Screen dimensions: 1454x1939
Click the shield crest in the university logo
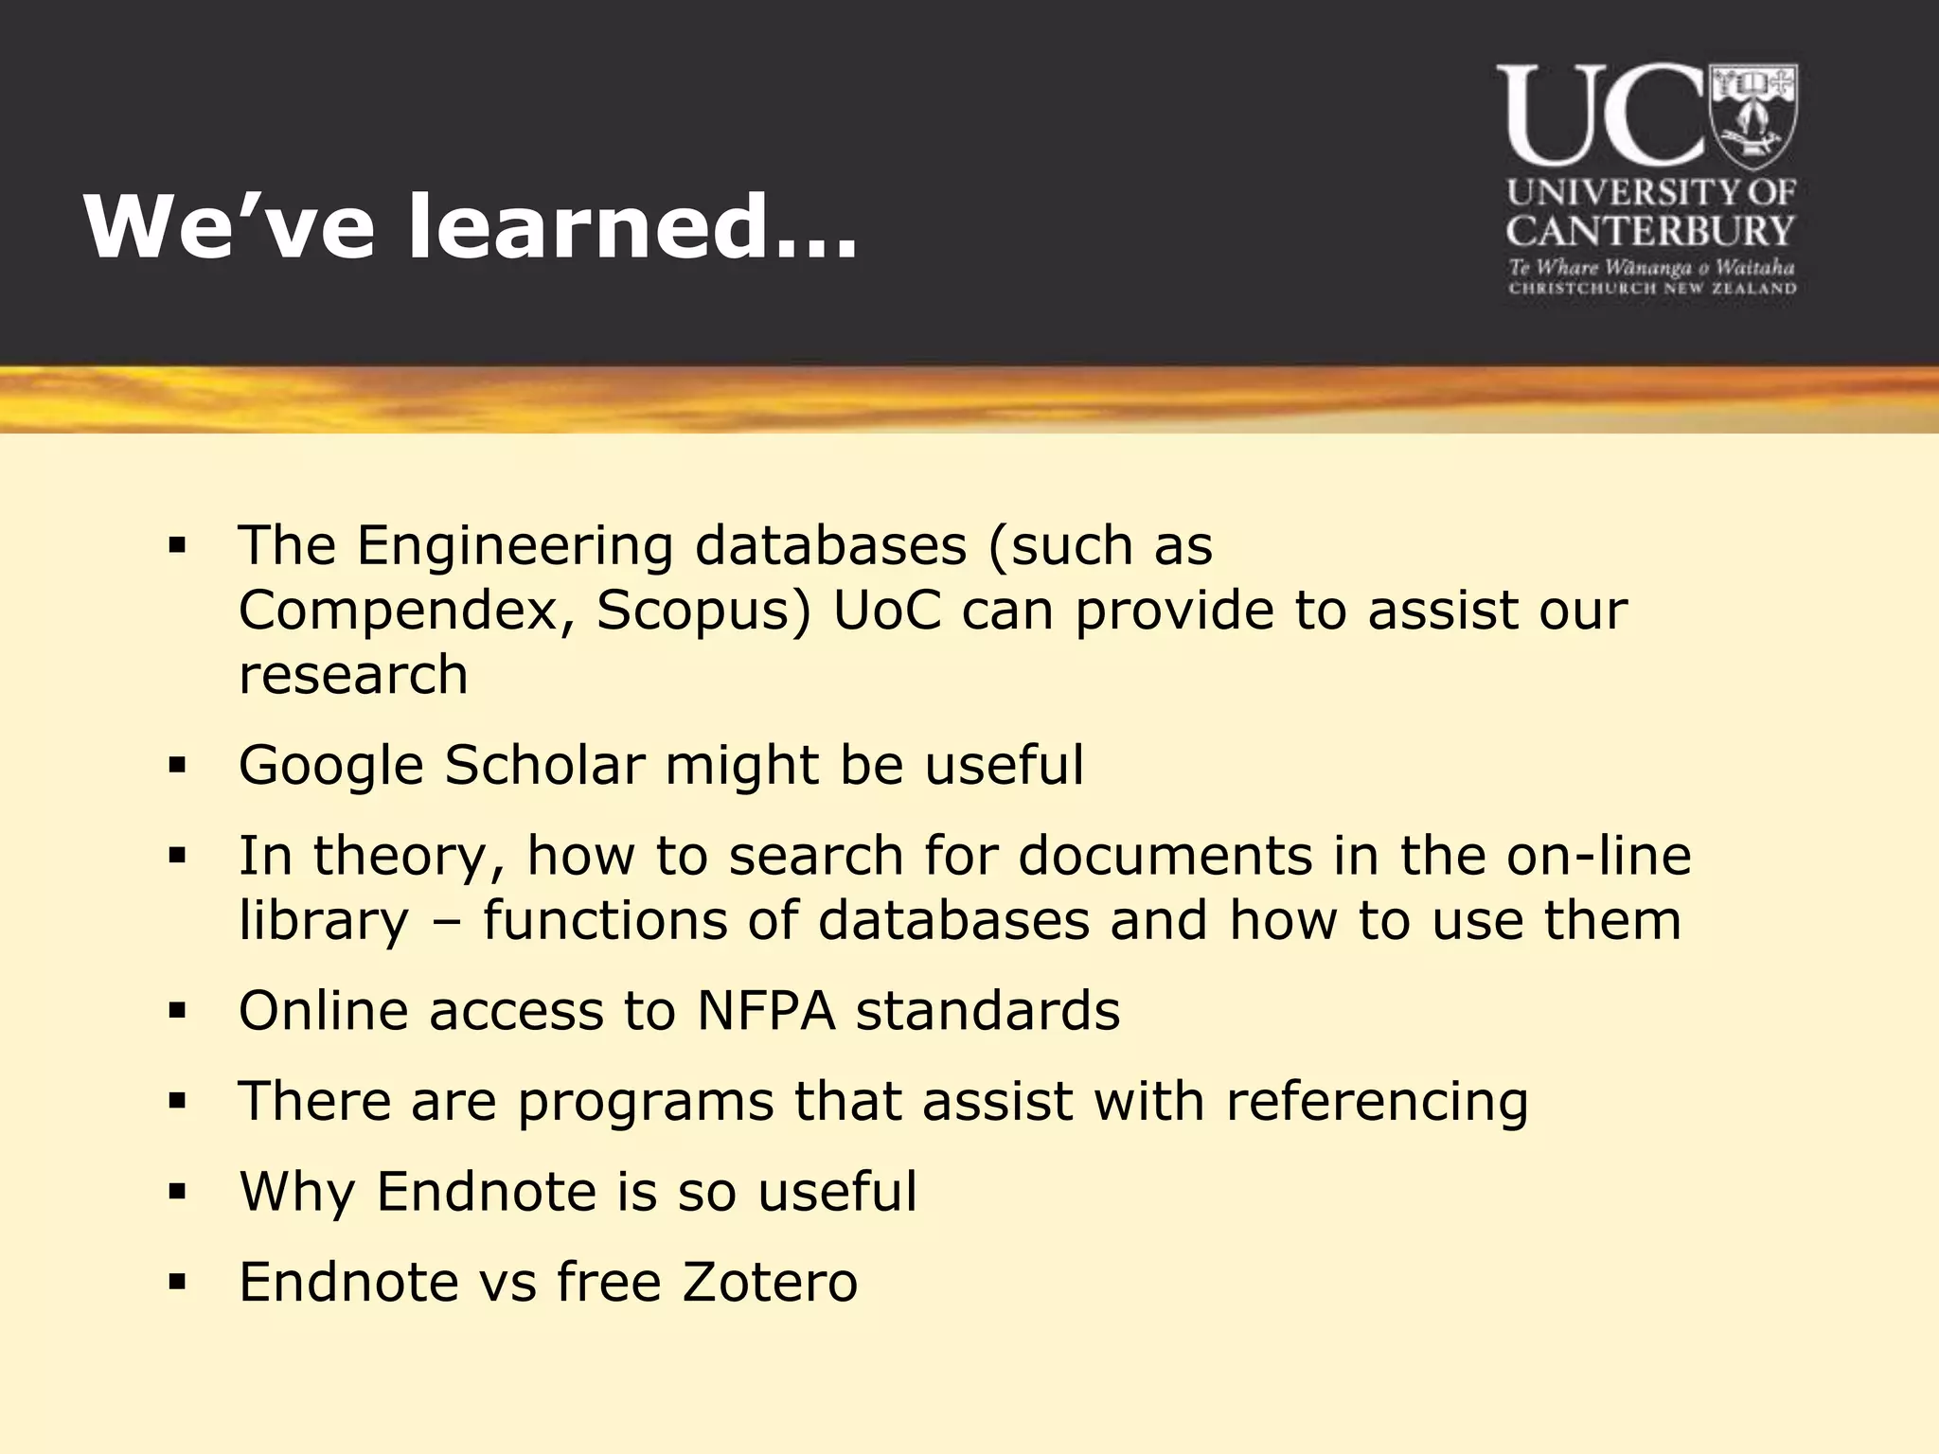pyautogui.click(x=1752, y=115)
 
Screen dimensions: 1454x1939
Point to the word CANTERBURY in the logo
pyautogui.click(x=1650, y=231)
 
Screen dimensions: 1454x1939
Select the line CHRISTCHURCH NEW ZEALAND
pyautogui.click(x=1651, y=289)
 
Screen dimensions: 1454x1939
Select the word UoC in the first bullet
pyautogui.click(x=886, y=611)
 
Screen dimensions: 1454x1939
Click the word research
pyautogui.click(x=353, y=675)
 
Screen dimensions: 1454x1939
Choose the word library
pyautogui.click(x=324, y=921)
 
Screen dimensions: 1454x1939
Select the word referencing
pyautogui.click(x=1377, y=1103)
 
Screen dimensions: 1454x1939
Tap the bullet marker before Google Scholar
pyautogui.click(x=177, y=765)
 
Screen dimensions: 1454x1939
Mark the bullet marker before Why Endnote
pyautogui.click(x=177, y=1192)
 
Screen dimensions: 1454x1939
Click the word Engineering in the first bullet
pyautogui.click(x=514, y=547)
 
